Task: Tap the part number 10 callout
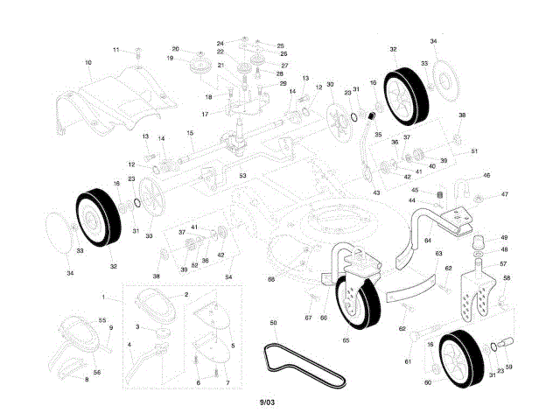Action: [88, 63]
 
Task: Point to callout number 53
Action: [243, 176]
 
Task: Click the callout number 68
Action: [271, 279]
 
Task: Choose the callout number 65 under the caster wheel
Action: [346, 339]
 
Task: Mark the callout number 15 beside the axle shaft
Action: [189, 132]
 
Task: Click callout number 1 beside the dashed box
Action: [103, 297]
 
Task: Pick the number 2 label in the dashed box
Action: [185, 296]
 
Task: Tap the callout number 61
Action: [407, 360]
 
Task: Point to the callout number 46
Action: [486, 176]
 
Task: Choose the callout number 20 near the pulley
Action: [175, 49]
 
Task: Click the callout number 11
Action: [115, 50]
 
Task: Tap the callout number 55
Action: [101, 321]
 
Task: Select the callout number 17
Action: [206, 115]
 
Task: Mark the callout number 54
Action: [228, 276]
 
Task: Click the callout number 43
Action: [376, 192]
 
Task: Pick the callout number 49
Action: [503, 237]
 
